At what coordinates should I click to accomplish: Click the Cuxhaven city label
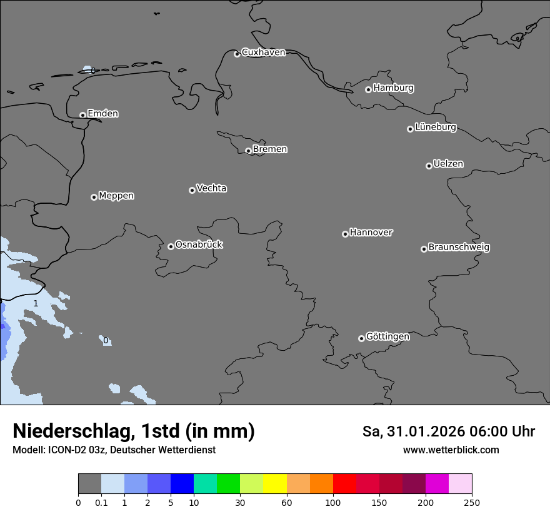click(263, 53)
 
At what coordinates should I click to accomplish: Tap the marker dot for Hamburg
click(368, 89)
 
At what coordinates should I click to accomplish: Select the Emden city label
click(102, 114)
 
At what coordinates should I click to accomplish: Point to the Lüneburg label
click(435, 128)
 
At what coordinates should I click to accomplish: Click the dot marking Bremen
click(248, 151)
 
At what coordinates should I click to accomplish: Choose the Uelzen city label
click(448, 164)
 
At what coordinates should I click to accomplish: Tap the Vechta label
click(211, 188)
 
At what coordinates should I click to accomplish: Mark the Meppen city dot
click(94, 197)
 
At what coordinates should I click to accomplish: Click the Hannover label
click(371, 233)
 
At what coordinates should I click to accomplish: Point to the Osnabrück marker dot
click(171, 246)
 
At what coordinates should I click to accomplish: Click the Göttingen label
click(387, 337)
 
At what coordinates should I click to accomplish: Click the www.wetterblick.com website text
click(451, 450)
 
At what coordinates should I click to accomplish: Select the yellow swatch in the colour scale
click(275, 484)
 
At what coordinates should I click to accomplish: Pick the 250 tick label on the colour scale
click(472, 502)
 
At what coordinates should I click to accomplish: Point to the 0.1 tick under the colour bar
click(101, 502)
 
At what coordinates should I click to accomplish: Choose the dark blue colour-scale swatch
click(182, 484)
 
